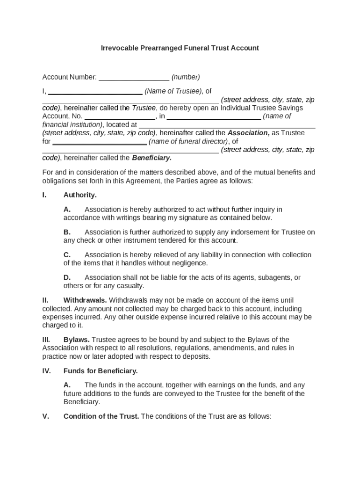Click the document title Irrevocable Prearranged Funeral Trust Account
180,48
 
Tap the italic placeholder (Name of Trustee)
173,91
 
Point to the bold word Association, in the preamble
248,133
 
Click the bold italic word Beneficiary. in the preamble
151,158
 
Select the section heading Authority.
80,195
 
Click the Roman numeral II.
45,300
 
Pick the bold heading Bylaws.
77,340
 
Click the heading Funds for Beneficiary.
101,371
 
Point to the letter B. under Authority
67,232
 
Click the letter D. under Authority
67,277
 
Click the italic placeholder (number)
186,77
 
